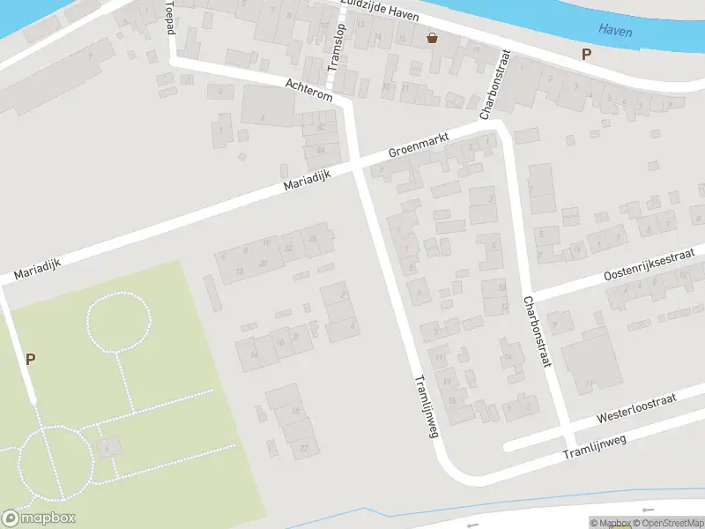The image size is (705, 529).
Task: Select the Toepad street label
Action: pos(170,18)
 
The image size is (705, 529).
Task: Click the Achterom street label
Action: pos(308,89)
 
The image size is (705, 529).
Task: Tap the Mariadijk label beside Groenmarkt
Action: pos(307,182)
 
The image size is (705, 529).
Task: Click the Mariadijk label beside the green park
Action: pos(36,265)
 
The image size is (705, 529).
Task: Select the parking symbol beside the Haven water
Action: pos(587,55)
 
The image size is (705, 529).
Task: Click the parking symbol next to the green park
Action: pos(31,359)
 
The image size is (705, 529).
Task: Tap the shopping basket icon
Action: pos(432,38)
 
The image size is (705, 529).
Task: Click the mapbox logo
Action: pos(39,518)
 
